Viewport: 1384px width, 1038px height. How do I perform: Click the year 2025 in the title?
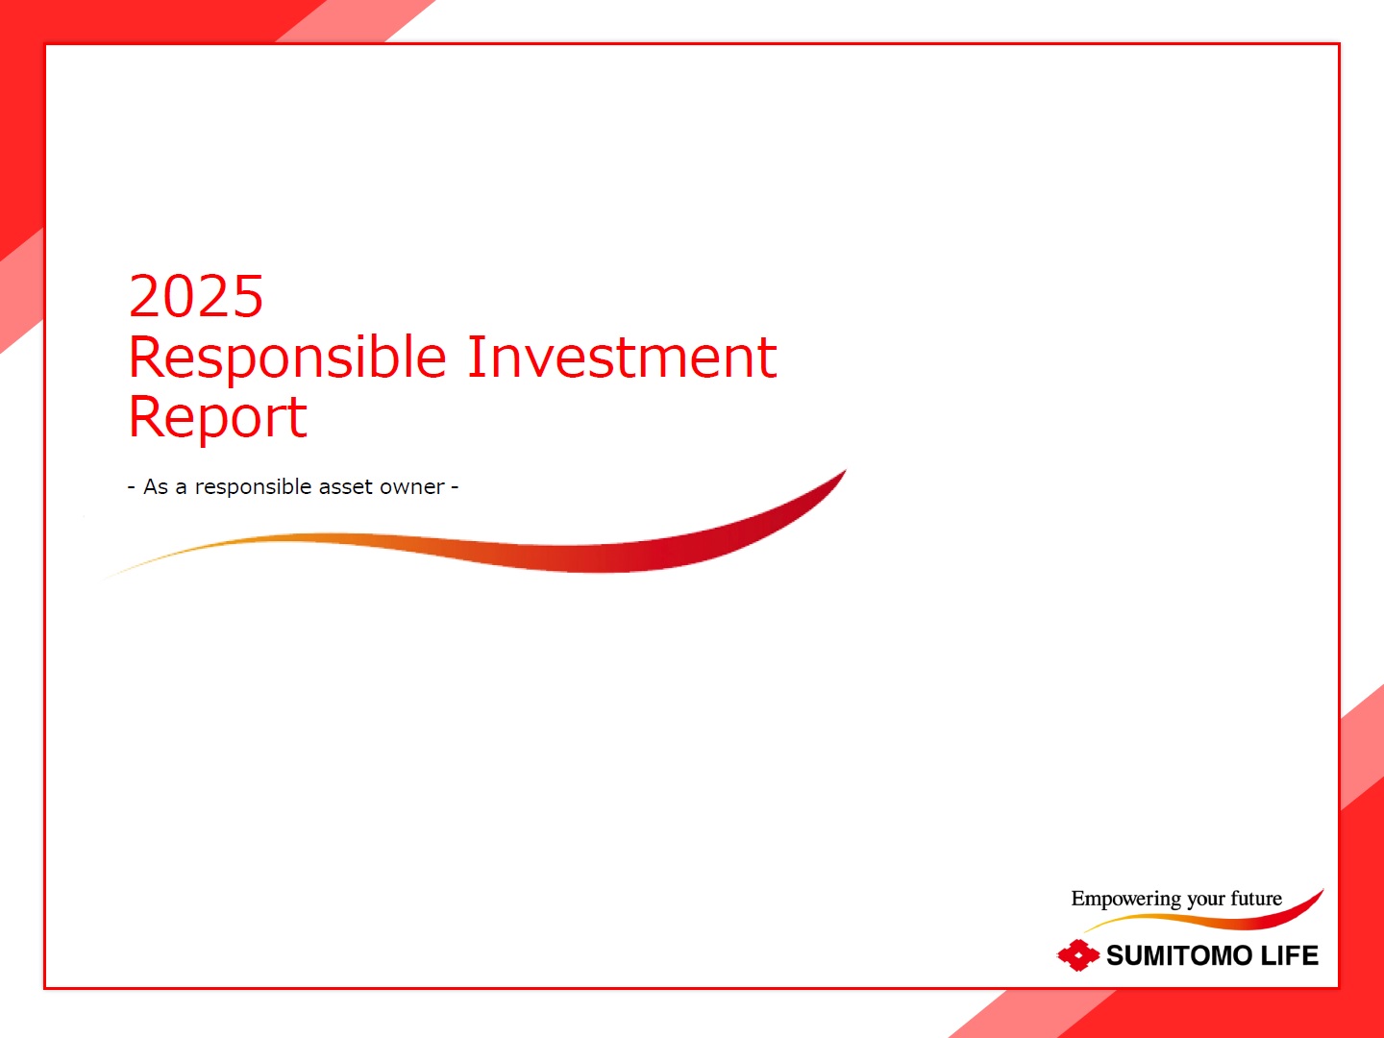[195, 296]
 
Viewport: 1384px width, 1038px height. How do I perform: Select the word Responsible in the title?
[286, 358]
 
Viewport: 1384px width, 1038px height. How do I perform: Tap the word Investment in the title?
[623, 357]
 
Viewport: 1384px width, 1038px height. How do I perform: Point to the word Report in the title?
[217, 416]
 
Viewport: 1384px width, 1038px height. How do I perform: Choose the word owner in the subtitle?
[412, 488]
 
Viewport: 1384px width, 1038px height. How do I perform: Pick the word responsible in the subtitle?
[254, 488]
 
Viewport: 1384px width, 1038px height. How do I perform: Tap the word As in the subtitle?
[156, 486]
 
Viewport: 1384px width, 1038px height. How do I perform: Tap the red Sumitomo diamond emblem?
[1078, 955]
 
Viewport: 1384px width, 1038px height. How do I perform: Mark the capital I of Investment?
[476, 357]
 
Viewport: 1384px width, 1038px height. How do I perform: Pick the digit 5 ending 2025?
[247, 296]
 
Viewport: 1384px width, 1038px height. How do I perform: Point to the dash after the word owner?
[455, 487]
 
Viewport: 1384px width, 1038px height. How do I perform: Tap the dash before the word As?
[132, 487]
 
